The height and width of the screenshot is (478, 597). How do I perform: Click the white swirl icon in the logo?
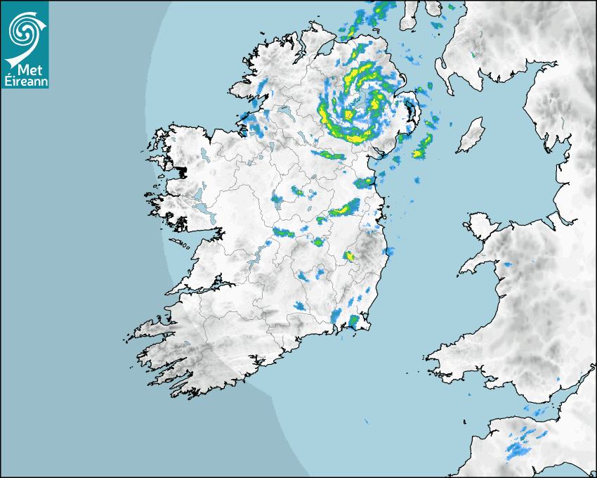25,29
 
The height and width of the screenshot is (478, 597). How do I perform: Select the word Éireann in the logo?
25,81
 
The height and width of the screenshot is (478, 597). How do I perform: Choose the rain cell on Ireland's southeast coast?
355,321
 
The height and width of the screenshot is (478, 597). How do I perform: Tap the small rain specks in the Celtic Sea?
366,422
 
